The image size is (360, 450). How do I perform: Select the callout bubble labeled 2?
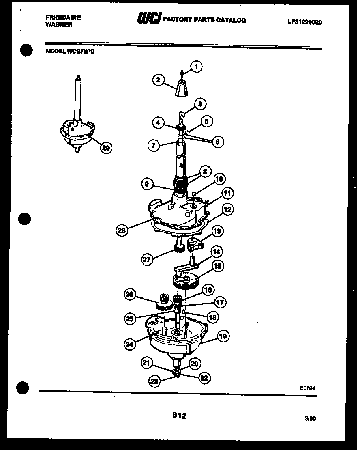(158, 80)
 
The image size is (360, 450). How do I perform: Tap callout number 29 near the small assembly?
(106, 148)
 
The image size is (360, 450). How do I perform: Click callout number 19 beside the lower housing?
(223, 336)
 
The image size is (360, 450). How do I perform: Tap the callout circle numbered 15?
(217, 266)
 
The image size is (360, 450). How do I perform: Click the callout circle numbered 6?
(217, 142)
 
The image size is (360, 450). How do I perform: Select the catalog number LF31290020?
(304, 22)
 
